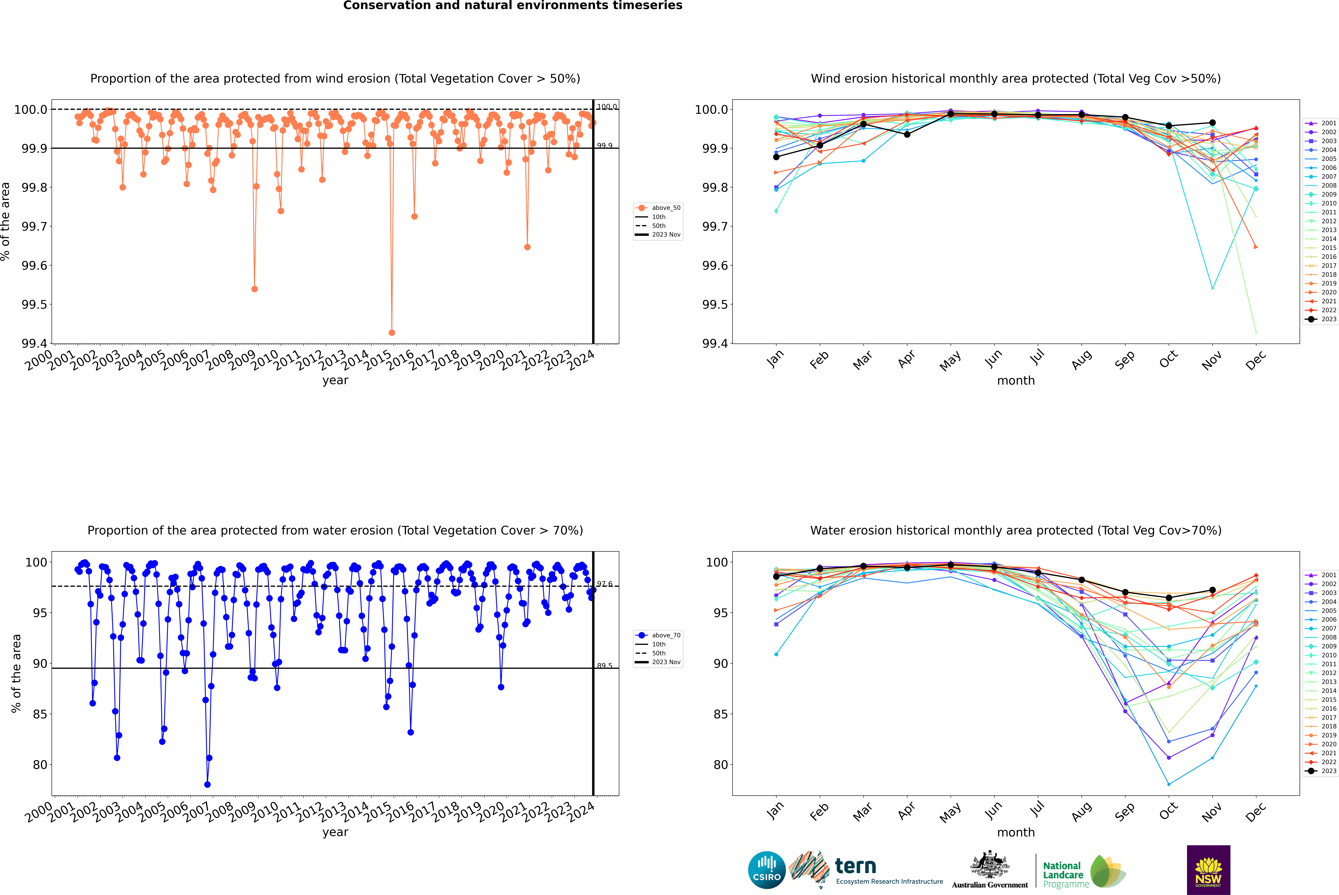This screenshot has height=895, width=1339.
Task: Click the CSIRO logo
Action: [x=767, y=870]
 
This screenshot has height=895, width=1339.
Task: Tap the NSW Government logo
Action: [x=1208, y=870]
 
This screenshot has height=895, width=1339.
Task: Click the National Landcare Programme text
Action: [x=1063, y=874]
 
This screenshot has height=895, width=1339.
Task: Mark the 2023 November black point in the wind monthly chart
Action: [x=1212, y=123]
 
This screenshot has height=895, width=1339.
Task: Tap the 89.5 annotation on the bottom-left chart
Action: [x=604, y=666]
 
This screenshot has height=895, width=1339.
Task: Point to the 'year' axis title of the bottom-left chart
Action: [x=335, y=832]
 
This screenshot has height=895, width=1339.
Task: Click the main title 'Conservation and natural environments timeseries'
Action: [x=512, y=6]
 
